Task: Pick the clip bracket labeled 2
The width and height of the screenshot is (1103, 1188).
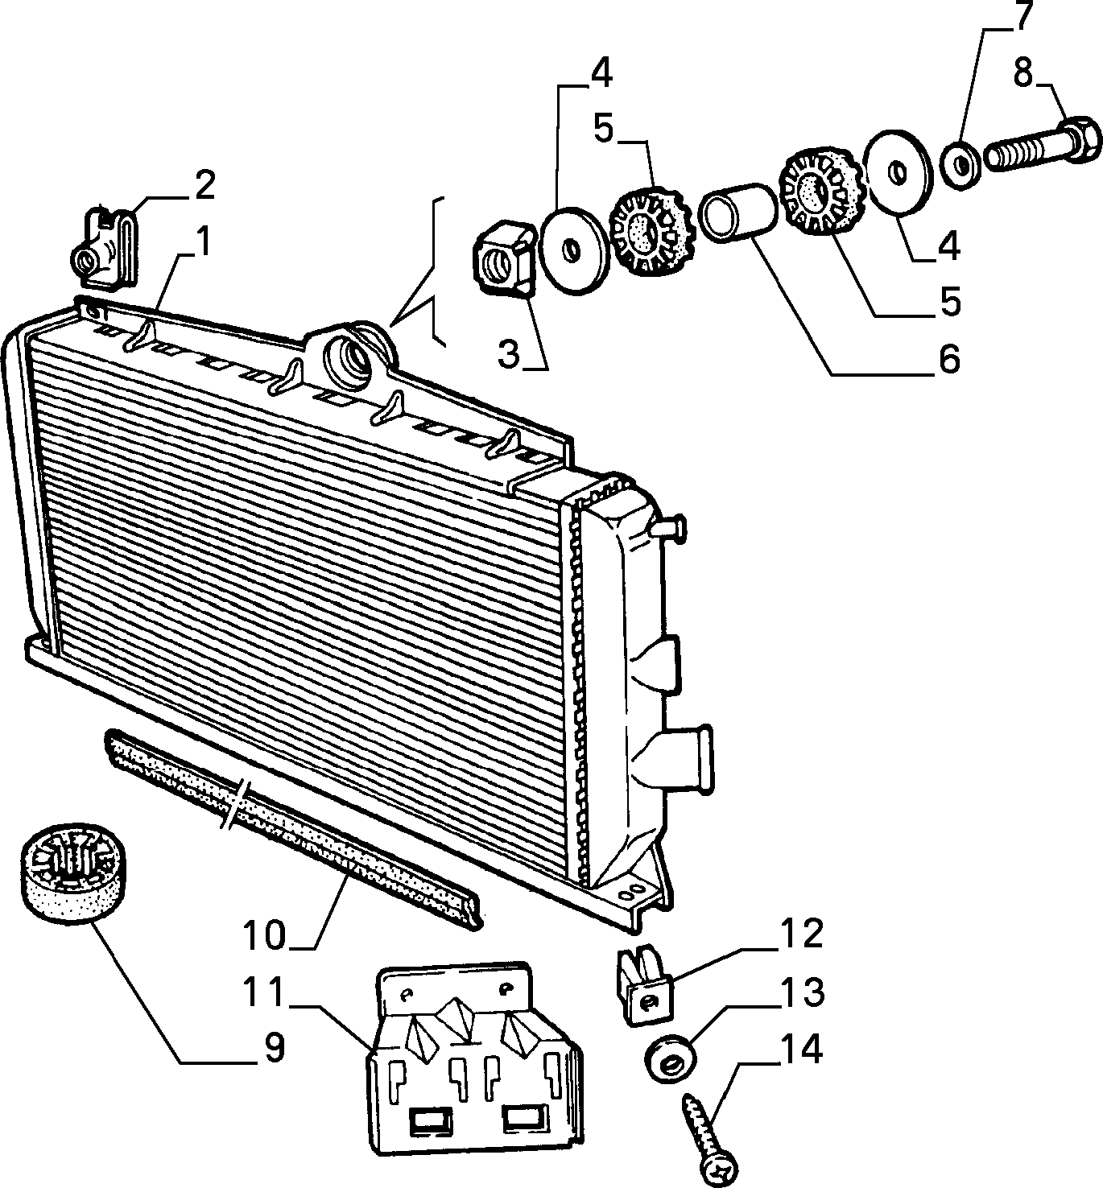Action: tap(107, 248)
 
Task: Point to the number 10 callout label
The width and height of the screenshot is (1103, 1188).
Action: tap(264, 936)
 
